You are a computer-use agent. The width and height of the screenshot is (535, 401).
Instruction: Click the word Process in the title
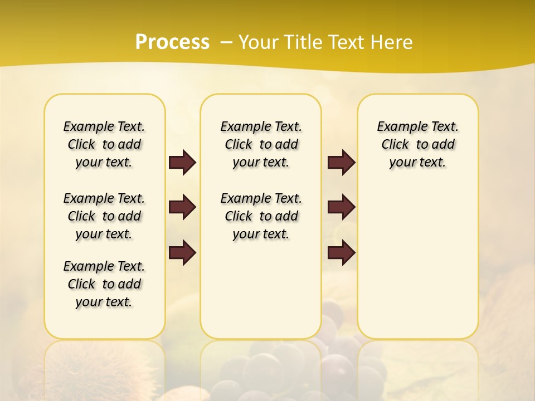click(172, 42)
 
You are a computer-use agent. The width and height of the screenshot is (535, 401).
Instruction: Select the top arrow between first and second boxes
click(182, 162)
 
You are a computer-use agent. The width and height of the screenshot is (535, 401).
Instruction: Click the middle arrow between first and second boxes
click(182, 207)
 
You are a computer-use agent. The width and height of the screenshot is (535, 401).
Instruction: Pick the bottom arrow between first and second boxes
click(182, 253)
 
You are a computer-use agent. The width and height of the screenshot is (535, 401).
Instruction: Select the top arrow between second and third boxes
click(341, 162)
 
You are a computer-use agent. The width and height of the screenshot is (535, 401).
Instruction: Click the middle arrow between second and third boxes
click(341, 207)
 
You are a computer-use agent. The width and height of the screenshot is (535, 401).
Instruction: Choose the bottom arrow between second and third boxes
click(341, 253)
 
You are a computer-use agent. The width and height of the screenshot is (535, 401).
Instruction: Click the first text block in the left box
click(104, 144)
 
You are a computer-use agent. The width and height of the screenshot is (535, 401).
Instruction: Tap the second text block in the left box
click(104, 216)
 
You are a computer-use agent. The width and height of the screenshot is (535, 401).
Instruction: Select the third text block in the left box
click(104, 284)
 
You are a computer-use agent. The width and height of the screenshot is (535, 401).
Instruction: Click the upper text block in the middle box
click(261, 144)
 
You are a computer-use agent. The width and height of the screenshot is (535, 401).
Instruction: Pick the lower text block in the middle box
click(261, 216)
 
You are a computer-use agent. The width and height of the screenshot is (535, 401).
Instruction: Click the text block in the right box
click(417, 144)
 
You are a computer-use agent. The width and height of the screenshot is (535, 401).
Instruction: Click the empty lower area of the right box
click(417, 262)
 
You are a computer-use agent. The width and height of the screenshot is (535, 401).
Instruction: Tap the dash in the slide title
click(226, 42)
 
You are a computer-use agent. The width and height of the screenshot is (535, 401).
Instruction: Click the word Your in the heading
click(259, 42)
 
